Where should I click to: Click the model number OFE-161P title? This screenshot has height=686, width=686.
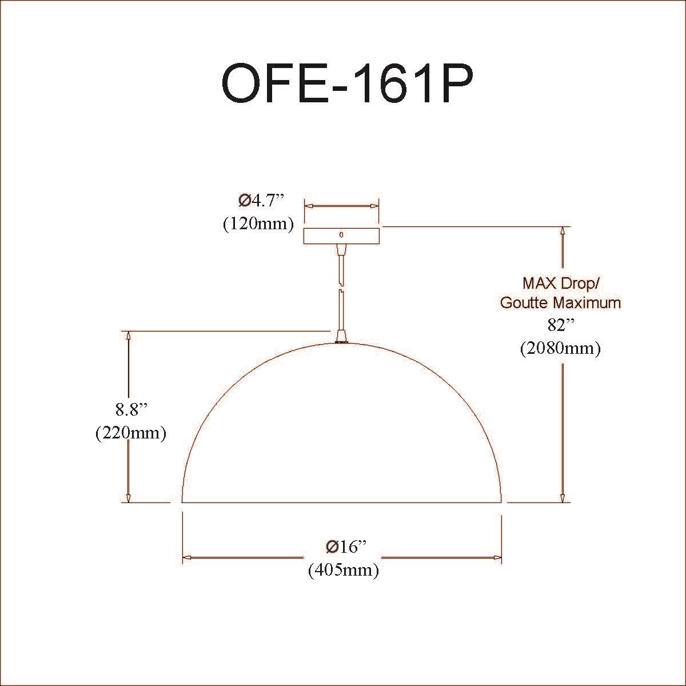347,83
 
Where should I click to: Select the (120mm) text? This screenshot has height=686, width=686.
258,224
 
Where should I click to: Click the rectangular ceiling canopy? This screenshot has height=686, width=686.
341,236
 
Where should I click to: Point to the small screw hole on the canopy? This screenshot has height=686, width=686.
341,234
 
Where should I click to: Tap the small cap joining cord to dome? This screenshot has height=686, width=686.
342,336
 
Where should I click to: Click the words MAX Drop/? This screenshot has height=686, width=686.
561,284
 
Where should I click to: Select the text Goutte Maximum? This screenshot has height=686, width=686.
561,303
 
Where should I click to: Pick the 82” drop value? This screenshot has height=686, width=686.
561,325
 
